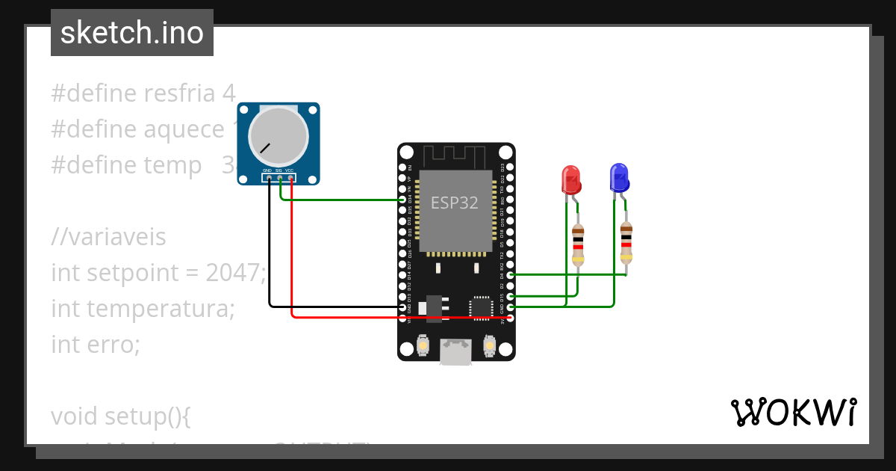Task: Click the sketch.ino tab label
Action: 132,33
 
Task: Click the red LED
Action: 571,179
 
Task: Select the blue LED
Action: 620,178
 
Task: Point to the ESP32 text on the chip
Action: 455,203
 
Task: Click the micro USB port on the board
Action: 455,351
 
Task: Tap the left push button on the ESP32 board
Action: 423,346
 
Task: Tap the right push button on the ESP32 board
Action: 490,346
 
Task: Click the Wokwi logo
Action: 793,412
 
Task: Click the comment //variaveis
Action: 109,237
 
